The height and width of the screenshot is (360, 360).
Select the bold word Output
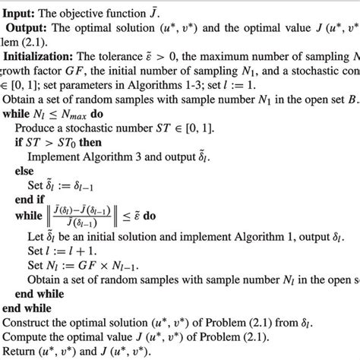tap(28, 28)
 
